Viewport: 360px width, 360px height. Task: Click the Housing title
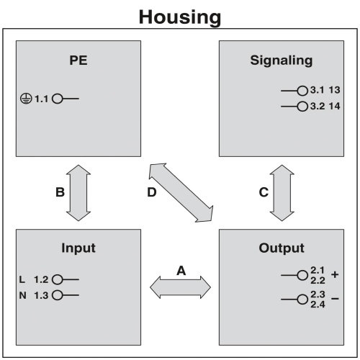[x=180, y=17]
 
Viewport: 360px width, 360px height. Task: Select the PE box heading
[x=78, y=60]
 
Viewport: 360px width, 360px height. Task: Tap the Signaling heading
[x=282, y=60]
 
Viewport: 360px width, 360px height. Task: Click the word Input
[x=78, y=248]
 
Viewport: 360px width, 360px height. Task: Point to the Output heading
[x=282, y=248]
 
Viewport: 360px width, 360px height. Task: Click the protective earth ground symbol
[x=26, y=99]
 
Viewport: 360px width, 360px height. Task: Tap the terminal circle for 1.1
[x=58, y=99]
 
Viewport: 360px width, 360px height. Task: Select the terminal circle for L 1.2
[x=58, y=279]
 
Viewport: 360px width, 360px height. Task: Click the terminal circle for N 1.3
[x=58, y=295]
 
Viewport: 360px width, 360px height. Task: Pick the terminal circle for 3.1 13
[x=302, y=91]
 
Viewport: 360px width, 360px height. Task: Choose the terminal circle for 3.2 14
[x=302, y=107]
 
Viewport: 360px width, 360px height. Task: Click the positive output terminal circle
[x=302, y=275]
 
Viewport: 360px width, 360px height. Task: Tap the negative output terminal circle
[x=302, y=300]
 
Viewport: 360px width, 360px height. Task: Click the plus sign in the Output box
[x=335, y=274]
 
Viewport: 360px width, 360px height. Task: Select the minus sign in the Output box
[x=335, y=299]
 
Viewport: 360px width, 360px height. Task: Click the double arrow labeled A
[x=180, y=287]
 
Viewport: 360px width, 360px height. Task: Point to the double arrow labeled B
[x=78, y=193]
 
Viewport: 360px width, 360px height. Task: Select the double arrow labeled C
[x=282, y=193]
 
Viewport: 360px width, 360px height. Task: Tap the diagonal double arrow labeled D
[x=181, y=193]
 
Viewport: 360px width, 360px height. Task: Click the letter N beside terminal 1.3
[x=22, y=295]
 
